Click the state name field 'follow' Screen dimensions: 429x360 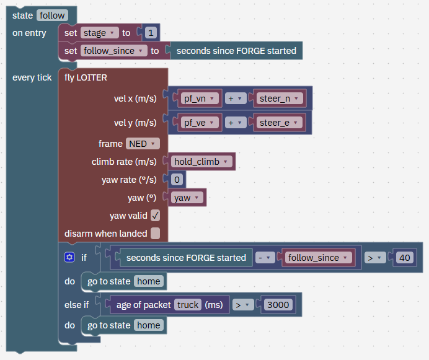[52, 15]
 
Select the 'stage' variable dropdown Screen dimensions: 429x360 [100, 33]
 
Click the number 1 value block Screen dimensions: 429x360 [151, 33]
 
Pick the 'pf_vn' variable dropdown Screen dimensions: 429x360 [200, 99]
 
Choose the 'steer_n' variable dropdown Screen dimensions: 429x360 [280, 99]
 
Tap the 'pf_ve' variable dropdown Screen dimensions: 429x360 [200, 123]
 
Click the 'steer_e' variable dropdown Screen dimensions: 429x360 [279, 123]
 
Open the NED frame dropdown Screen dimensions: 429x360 [143, 144]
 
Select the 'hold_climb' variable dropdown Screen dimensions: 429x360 [201, 162]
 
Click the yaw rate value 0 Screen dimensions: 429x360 [177, 180]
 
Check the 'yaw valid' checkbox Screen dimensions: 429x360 [156, 216]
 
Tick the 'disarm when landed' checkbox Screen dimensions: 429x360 [156, 234]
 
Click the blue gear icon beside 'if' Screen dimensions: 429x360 [69, 257]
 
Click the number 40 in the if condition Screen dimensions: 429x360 [404, 258]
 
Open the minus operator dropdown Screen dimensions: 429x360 [265, 258]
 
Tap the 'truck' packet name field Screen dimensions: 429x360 [188, 305]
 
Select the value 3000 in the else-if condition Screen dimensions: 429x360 [278, 305]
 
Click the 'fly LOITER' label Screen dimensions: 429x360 [86, 77]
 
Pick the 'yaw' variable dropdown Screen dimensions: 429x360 [187, 198]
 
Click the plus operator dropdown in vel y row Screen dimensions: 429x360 [236, 123]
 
